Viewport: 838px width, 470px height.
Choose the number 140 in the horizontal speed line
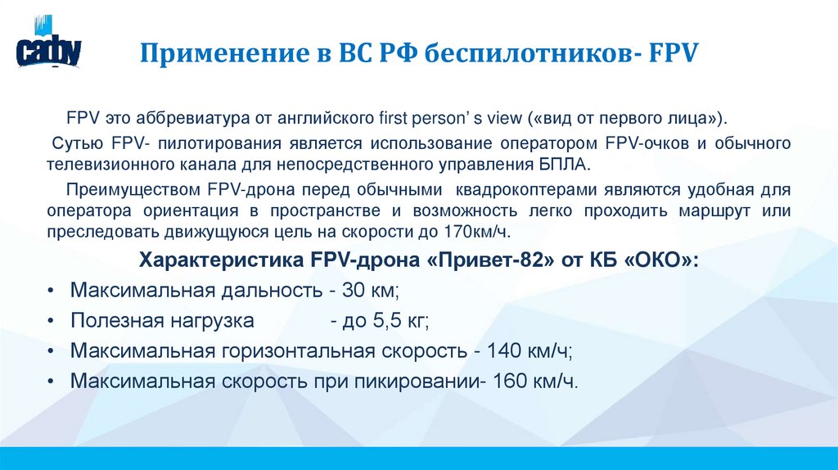[x=499, y=351]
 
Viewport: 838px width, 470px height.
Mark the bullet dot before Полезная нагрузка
[x=52, y=321]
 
